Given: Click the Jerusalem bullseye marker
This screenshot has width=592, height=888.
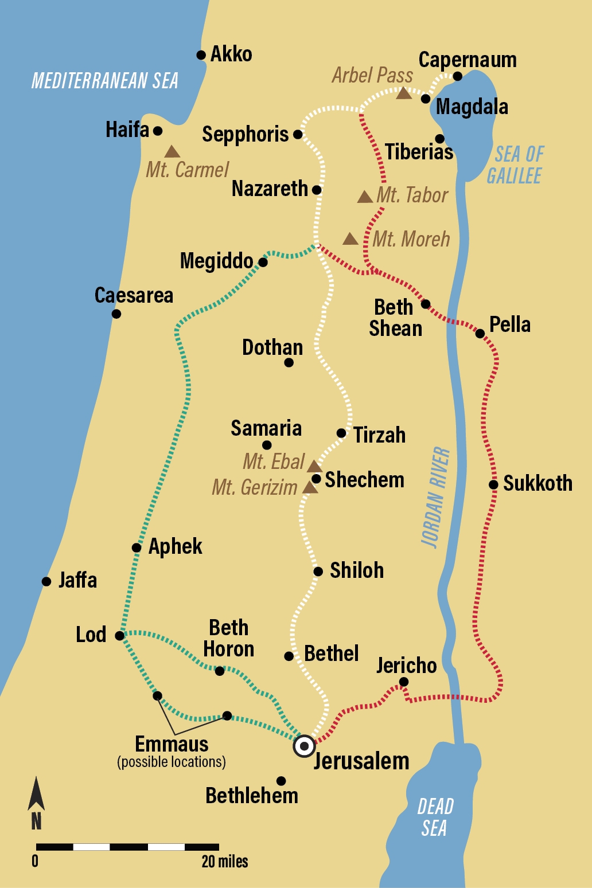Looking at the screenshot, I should point(304,746).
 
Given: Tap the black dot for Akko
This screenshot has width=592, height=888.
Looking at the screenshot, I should point(201,55).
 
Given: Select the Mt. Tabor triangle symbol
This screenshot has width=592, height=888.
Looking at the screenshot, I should point(365,197).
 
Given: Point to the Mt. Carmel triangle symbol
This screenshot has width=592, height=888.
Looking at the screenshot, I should point(172,152).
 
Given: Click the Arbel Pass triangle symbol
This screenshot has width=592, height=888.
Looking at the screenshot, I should point(404,93).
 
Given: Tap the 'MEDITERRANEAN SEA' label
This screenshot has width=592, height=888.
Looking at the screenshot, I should point(104,81).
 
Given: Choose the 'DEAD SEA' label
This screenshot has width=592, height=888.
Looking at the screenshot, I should point(435,817).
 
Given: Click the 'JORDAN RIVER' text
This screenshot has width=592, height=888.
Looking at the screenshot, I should point(436,497).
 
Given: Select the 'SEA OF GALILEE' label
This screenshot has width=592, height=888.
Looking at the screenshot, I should point(515,165).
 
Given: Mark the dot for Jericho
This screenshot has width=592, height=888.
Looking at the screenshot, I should point(404,682).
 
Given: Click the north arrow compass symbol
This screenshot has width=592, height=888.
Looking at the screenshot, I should point(36,803).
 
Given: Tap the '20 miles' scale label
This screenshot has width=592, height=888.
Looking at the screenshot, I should point(225,861).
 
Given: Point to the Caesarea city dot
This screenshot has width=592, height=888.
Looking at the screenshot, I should point(116,314).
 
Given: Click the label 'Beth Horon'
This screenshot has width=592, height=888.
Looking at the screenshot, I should point(228,638).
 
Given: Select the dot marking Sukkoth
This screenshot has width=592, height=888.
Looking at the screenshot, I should point(493,484).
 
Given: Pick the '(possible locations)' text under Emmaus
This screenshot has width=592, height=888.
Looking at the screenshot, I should point(172,762).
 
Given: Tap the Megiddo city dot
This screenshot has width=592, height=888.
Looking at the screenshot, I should point(263,263).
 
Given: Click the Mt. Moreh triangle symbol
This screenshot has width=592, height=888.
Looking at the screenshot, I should point(350,239).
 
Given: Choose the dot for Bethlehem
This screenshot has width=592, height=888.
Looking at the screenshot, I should point(281,781).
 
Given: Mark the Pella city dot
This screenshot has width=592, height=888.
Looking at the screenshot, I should point(480,333).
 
